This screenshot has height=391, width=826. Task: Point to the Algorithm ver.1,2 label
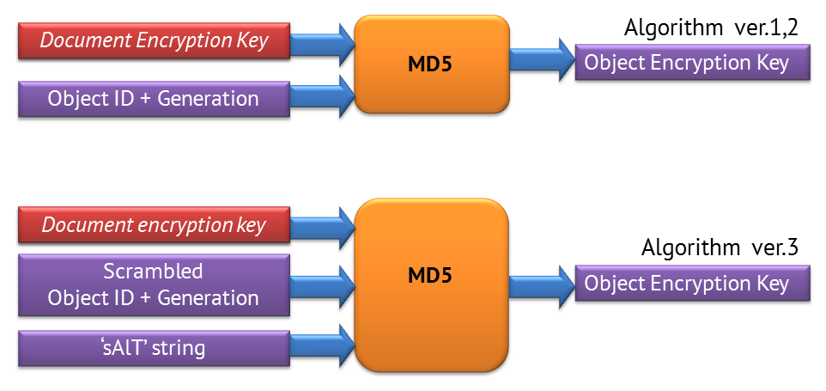click(712, 27)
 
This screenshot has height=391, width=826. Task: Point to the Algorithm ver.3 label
click(720, 248)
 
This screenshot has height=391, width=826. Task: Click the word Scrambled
click(154, 272)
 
